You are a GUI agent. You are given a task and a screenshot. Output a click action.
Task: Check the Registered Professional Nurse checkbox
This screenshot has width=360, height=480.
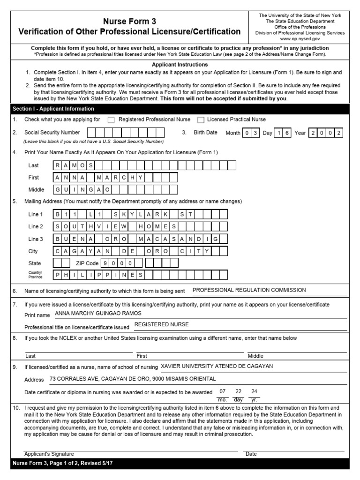point(111,120)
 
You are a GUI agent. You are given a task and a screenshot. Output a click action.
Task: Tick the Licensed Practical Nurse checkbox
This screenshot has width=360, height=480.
point(201,120)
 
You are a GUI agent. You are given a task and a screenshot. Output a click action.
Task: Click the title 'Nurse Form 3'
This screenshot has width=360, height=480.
point(129,22)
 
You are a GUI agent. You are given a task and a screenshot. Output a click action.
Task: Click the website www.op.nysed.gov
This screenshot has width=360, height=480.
point(300,39)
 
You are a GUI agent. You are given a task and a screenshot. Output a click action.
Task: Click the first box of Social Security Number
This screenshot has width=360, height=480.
point(92,133)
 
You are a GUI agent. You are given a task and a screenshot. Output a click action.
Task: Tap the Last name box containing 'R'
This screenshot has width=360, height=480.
point(58,165)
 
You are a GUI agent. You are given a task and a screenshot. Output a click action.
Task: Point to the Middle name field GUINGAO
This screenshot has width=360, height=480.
point(82,190)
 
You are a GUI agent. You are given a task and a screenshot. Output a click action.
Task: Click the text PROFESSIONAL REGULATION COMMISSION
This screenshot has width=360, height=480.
point(249,290)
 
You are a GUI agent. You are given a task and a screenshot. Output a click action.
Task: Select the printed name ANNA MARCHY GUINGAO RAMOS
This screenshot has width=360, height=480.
point(98,313)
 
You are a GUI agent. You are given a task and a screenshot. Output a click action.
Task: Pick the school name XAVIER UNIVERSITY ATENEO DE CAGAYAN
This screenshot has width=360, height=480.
point(217,367)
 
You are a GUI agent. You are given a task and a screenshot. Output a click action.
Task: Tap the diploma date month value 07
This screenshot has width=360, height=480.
point(223,391)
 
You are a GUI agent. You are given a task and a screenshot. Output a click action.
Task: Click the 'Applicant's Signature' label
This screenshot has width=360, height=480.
point(49,454)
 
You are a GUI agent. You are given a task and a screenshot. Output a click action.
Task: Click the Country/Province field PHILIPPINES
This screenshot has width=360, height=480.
point(98,275)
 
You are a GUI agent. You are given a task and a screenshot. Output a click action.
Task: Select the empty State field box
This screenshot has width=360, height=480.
point(65,263)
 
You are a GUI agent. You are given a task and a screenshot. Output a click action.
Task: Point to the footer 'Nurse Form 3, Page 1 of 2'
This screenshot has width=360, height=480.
point(62,463)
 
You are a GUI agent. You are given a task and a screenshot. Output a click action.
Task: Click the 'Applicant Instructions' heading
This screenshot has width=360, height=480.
point(180,65)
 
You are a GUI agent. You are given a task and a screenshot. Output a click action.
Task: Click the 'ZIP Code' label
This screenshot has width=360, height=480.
point(87,263)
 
